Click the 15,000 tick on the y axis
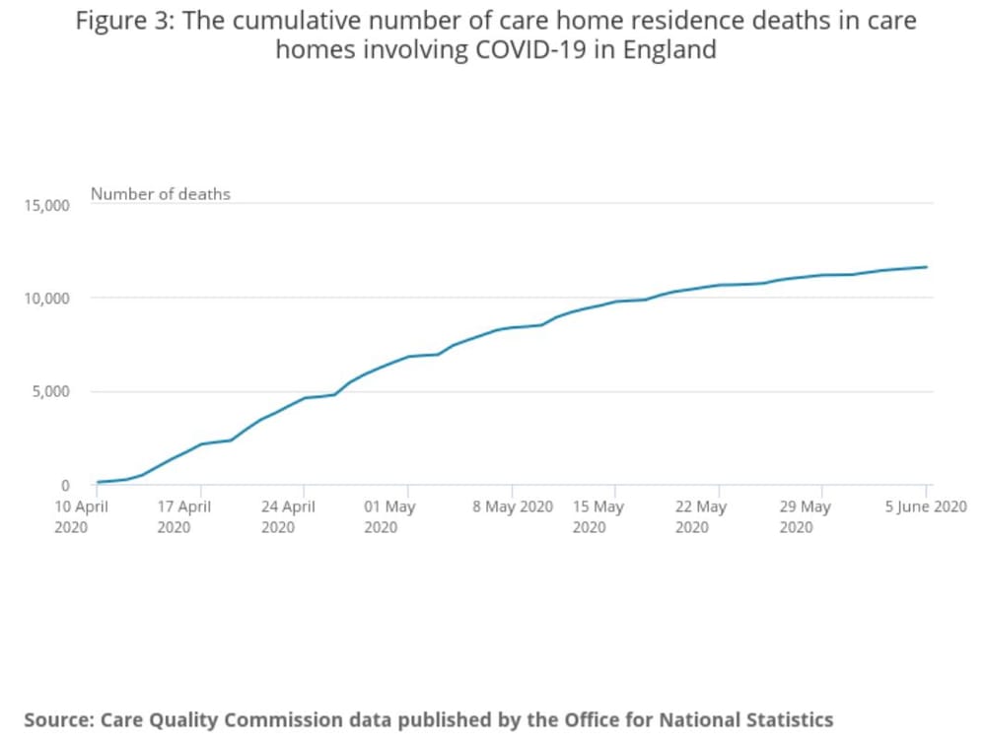coord(47,205)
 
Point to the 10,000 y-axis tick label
coord(47,299)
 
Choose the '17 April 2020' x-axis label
coord(185,516)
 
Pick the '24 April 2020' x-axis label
coord(289,516)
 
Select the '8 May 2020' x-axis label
coord(513,507)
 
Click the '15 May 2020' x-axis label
coord(599,516)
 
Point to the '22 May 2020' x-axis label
coord(701,516)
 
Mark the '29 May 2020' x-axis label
coord(806,516)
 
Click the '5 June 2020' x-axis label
coord(926,507)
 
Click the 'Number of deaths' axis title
coord(161,194)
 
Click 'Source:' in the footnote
coord(58,719)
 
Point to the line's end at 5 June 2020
coord(926,267)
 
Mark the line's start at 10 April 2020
coord(98,482)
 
